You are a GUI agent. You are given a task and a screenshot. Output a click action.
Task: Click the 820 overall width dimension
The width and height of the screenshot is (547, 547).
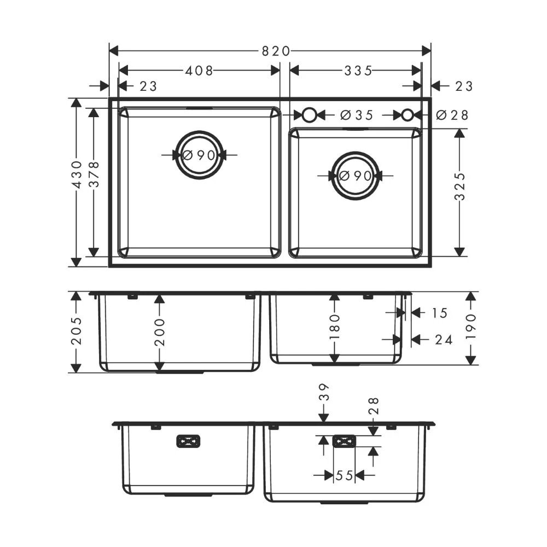point(275,51)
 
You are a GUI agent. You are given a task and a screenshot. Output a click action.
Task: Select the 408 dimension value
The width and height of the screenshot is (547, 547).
point(199,71)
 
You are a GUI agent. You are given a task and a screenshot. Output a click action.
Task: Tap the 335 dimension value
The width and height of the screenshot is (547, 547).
point(358,71)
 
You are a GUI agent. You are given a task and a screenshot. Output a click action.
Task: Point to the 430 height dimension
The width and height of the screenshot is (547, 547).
point(77,174)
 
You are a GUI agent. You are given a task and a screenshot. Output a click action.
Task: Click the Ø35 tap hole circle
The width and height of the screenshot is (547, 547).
point(309,115)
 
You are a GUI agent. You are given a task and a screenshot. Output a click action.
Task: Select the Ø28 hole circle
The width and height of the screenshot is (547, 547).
point(408,115)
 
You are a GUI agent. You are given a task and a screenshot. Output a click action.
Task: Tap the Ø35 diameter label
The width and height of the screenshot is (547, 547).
point(356,115)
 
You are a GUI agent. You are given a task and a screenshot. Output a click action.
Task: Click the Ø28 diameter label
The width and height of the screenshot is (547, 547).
point(453,115)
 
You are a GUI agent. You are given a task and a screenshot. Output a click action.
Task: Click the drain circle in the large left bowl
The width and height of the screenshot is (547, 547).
point(200,155)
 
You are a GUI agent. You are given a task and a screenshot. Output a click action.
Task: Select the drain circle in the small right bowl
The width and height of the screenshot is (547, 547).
point(356,176)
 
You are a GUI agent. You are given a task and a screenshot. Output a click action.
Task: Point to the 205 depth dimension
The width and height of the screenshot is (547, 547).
point(77,331)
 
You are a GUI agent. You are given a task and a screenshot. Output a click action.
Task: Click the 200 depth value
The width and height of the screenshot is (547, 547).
point(159,331)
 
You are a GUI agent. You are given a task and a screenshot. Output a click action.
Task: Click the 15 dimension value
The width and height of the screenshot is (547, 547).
point(440,313)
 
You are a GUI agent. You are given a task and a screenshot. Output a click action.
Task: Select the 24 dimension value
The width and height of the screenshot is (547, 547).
point(443,340)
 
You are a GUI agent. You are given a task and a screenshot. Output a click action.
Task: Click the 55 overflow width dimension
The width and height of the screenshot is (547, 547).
point(345,476)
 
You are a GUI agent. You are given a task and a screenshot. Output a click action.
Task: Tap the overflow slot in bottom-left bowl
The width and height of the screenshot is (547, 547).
point(189,441)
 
